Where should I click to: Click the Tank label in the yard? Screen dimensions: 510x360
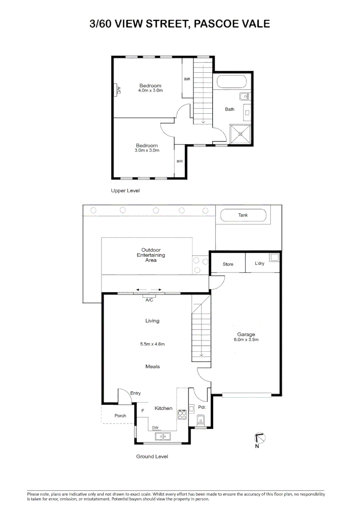243,215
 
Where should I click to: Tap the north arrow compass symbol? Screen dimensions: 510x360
259,438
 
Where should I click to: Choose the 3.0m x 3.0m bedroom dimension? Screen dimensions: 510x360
147,151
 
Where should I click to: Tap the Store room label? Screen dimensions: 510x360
228,264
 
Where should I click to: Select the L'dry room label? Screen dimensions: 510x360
260,263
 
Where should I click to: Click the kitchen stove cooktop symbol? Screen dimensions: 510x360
182,415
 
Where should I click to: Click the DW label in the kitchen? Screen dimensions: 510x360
155,427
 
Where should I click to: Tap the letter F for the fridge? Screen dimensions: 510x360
142,411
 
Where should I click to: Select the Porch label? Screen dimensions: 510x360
120,416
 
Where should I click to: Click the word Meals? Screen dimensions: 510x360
152,366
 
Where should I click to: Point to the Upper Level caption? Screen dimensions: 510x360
125,191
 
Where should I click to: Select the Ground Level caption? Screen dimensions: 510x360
152,457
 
